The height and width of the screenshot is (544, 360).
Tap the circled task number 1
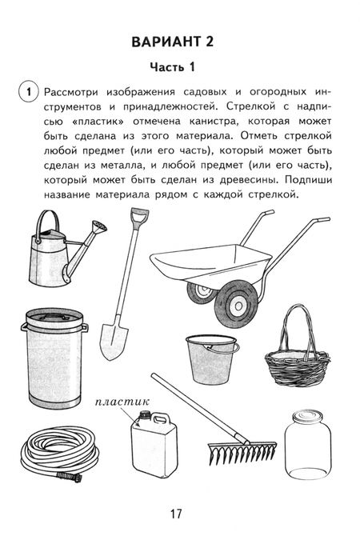tap(28, 94)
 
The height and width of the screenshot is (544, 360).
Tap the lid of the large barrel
tap(54, 318)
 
